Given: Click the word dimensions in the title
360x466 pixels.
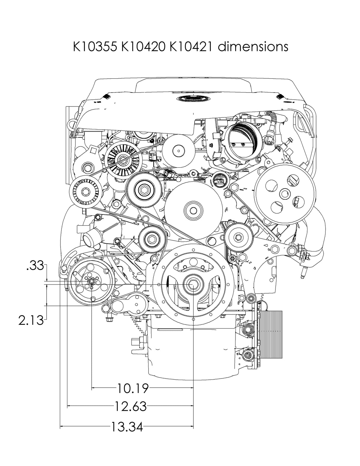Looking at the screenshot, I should coord(253,47).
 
